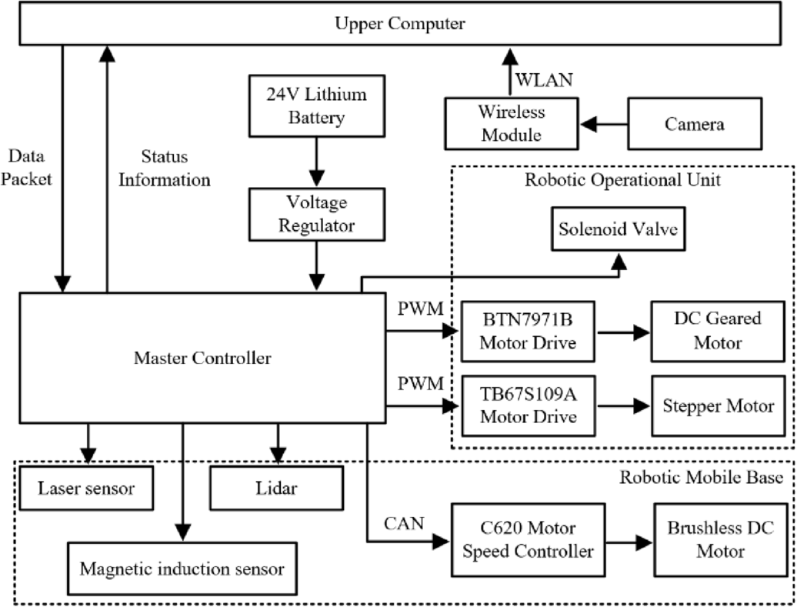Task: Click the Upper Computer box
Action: [398, 24]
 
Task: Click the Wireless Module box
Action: [511, 123]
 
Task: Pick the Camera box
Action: [695, 123]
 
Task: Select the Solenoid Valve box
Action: [619, 229]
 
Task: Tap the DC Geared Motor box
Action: [706, 332]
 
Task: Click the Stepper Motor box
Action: [706, 405]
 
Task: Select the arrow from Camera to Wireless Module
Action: [603, 123]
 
